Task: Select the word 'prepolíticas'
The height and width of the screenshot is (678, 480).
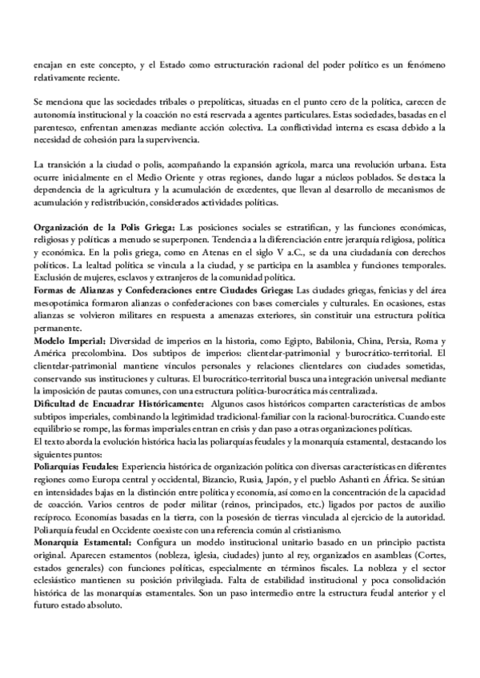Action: (164, 104)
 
